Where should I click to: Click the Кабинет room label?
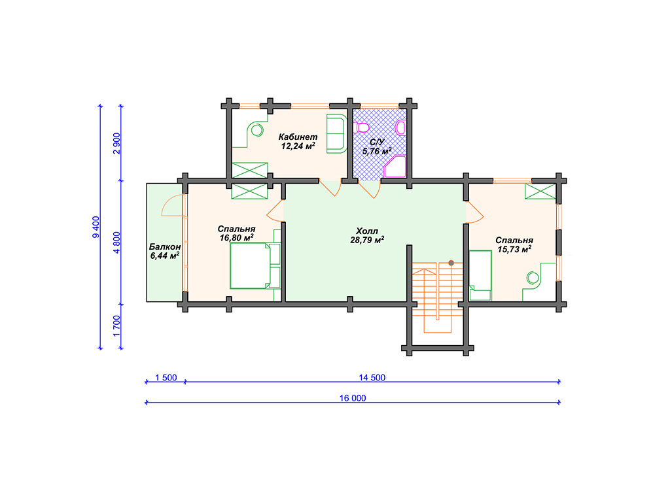pos(298,137)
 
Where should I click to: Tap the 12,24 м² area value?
pos(298,146)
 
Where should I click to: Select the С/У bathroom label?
pos(377,142)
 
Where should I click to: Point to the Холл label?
pos(367,231)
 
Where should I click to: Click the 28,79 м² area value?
pos(367,240)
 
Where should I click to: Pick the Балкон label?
pos(165,246)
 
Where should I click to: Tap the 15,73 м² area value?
pos(514,249)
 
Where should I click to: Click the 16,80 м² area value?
pos(236,238)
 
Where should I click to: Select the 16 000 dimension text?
pos(353,398)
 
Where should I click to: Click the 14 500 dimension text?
pos(372,377)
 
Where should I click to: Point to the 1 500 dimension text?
pos(166,377)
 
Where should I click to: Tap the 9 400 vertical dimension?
pos(96,227)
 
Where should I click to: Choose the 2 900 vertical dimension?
pos(116,143)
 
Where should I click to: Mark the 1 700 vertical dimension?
pos(116,326)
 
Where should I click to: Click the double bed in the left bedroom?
pos(255,265)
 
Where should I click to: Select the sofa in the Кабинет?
pos(337,133)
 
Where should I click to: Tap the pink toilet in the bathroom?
pos(361,127)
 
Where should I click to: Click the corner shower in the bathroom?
pos(395,167)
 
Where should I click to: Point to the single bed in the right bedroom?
pos(480,275)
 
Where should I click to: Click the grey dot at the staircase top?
pos(451,263)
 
